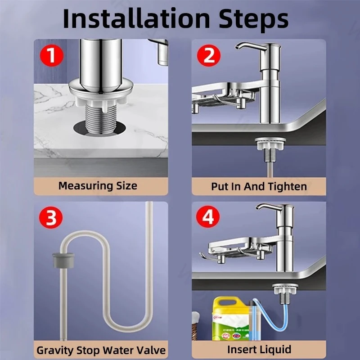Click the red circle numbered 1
pos(52,55)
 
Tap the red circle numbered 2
pos(209,55)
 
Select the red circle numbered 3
pos(51,217)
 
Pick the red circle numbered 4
pos(208,216)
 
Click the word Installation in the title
pos(136,18)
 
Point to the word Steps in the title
pos(253,20)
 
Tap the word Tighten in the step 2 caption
pos(288,186)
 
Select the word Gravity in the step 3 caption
pos(55,351)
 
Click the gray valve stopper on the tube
pos(63,260)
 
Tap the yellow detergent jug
pos(231,319)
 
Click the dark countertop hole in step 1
pos(100,129)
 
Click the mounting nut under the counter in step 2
pos(270,144)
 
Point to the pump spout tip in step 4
pos(258,207)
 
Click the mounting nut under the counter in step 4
pos(285,289)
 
